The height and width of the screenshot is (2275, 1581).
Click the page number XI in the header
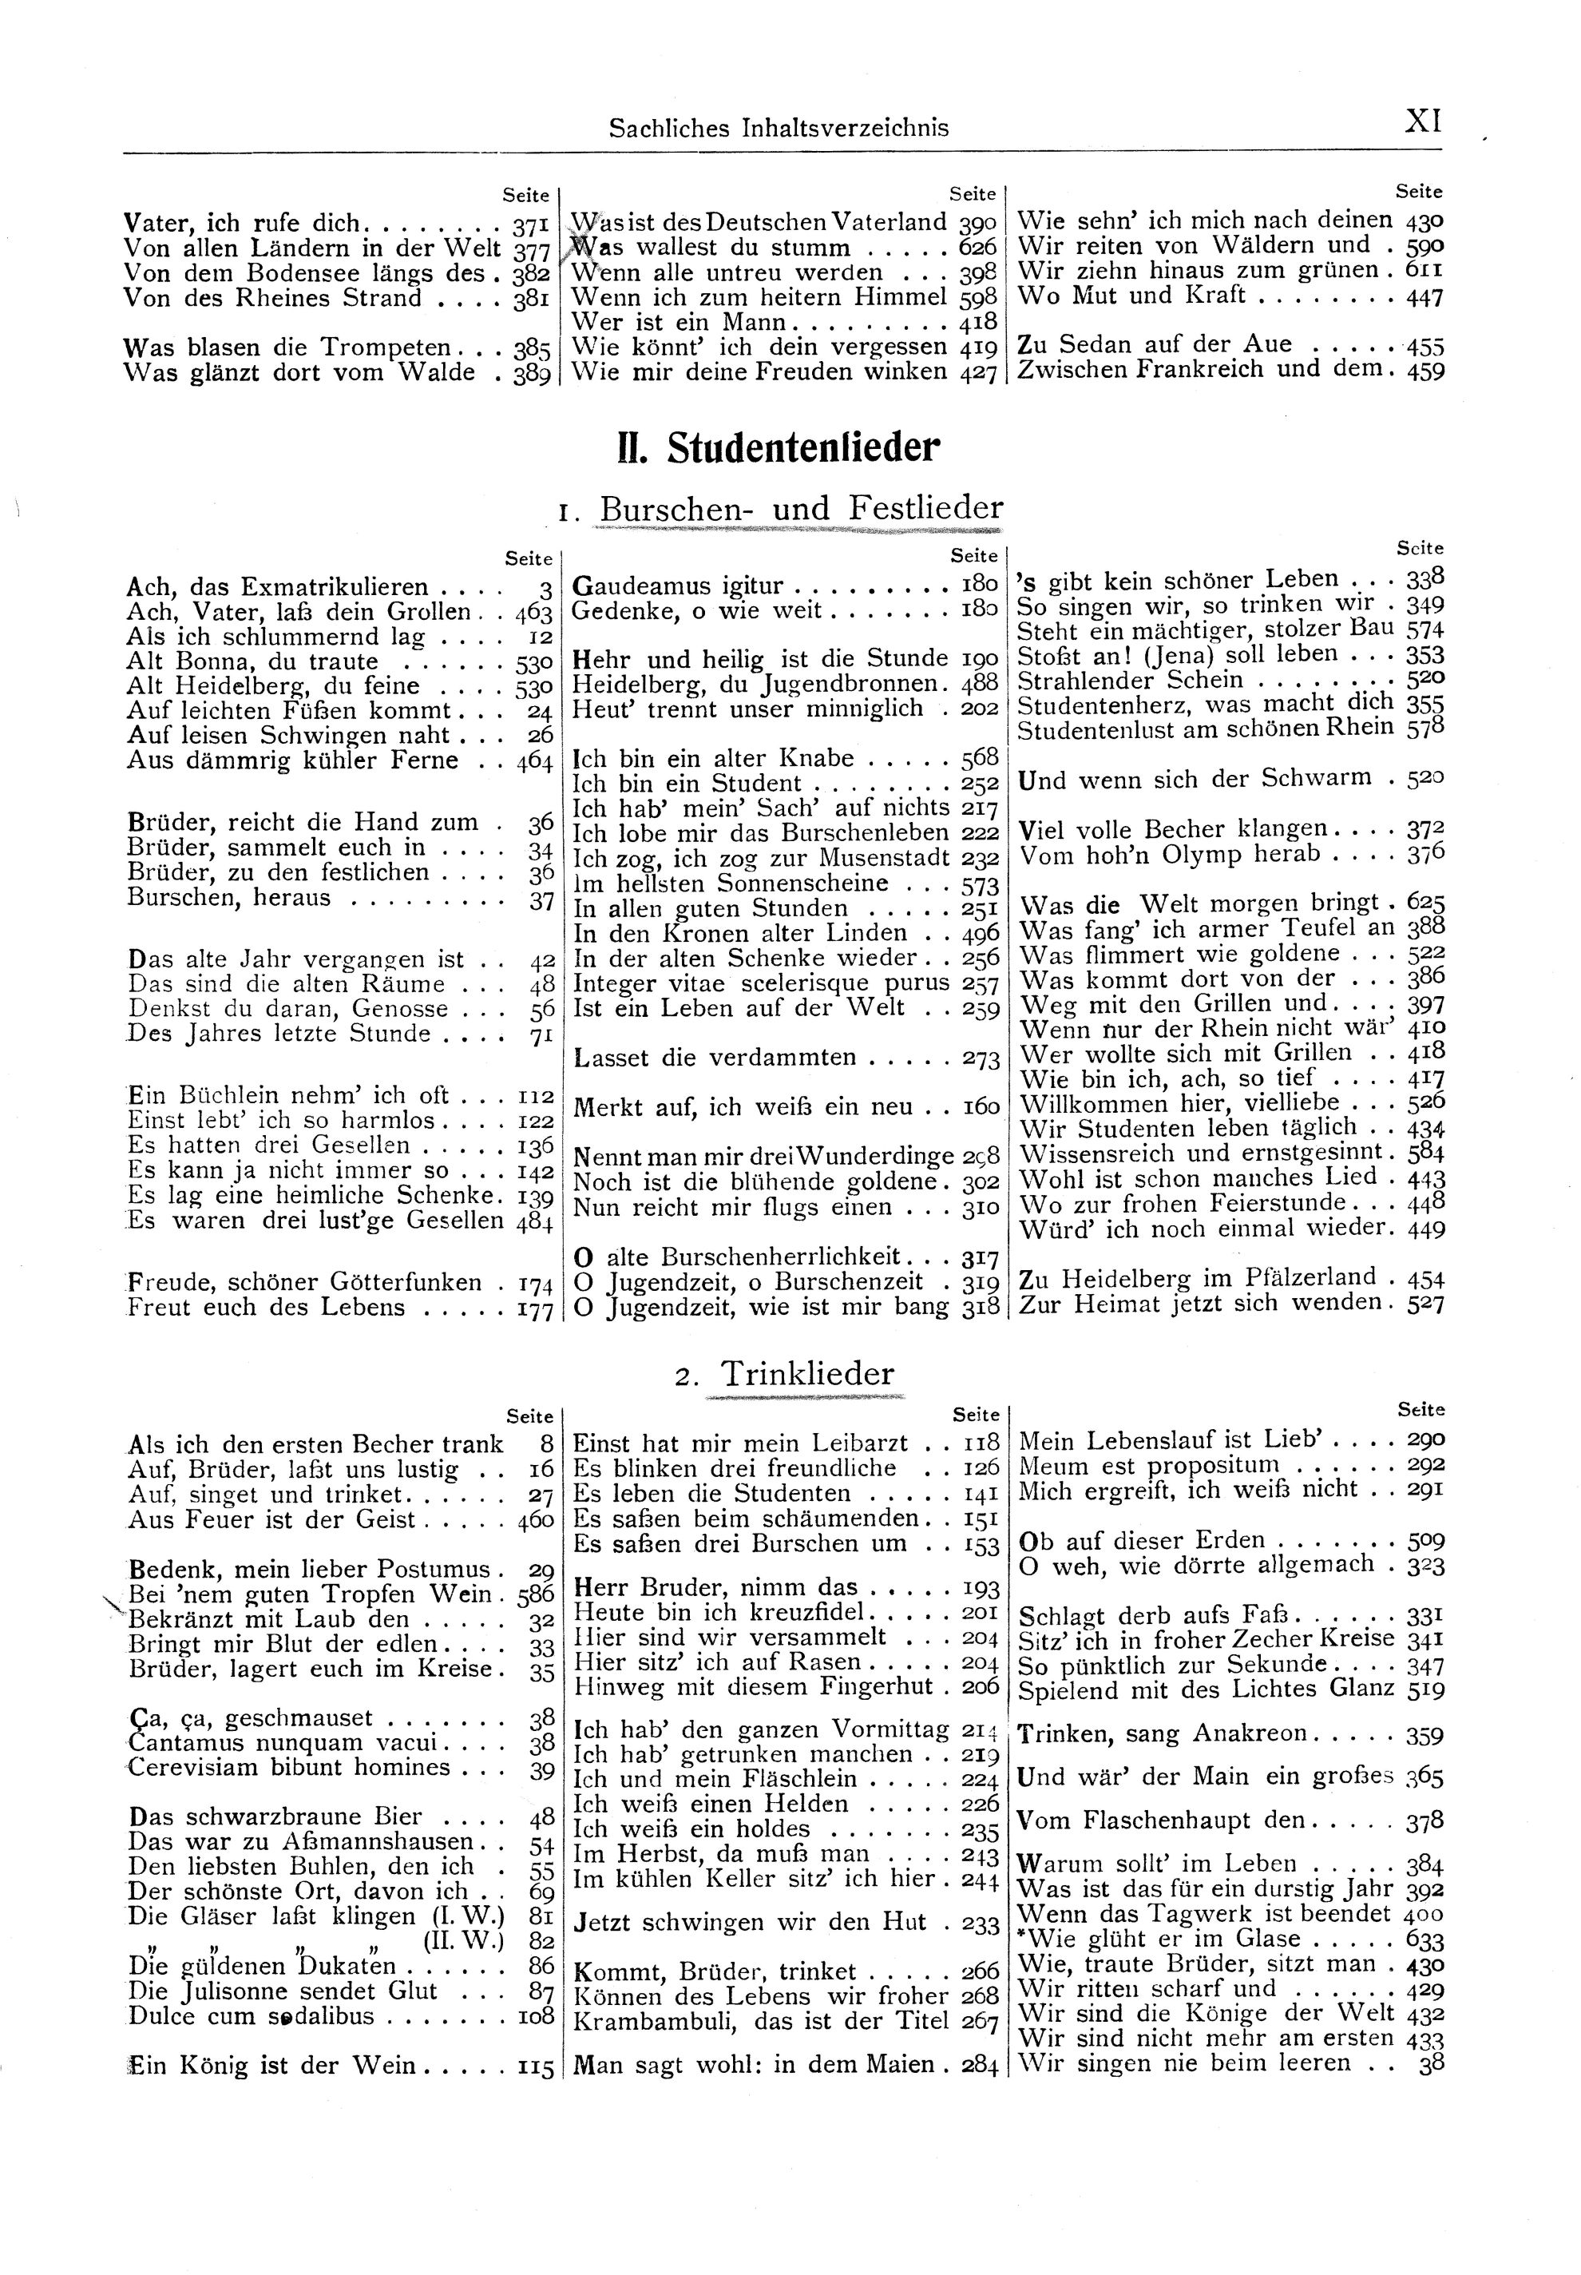(x=1424, y=122)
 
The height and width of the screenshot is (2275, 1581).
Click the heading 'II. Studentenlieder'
(x=778, y=448)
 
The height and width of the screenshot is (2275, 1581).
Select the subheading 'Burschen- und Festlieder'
(x=802, y=508)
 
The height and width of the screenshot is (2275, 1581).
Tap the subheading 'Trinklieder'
(x=806, y=1373)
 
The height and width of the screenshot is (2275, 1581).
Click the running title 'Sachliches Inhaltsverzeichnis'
(x=779, y=128)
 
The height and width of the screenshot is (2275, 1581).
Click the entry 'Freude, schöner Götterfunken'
(x=305, y=1282)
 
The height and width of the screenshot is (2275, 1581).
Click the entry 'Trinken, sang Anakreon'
(x=1164, y=1735)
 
